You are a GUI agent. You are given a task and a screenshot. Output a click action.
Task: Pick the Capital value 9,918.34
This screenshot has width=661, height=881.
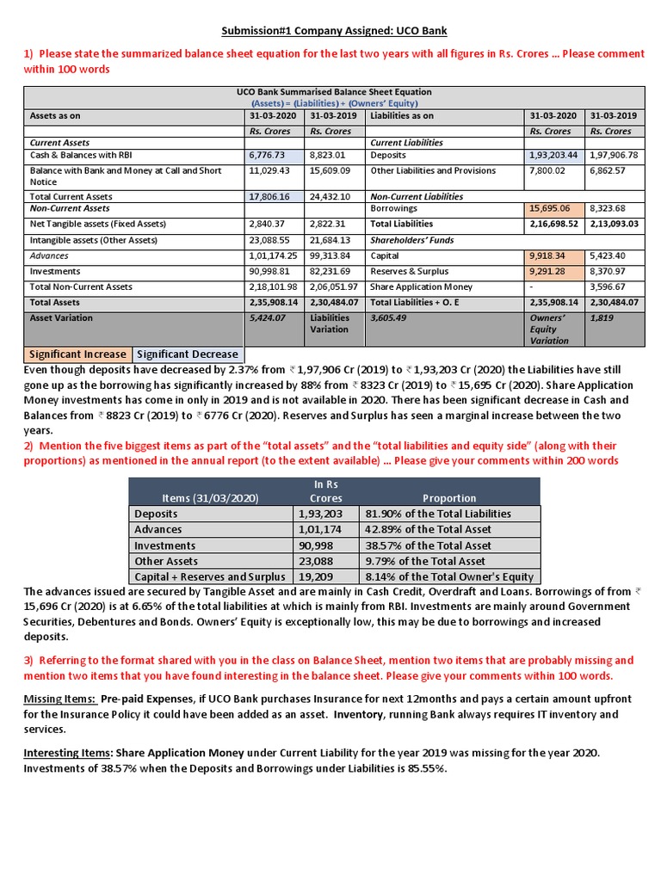(548, 256)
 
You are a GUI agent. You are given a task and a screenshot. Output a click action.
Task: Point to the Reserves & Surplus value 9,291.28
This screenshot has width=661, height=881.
(548, 271)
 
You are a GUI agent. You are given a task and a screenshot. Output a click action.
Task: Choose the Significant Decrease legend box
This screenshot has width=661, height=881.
(188, 354)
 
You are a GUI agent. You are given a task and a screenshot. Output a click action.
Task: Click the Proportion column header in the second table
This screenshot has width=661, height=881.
(449, 498)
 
